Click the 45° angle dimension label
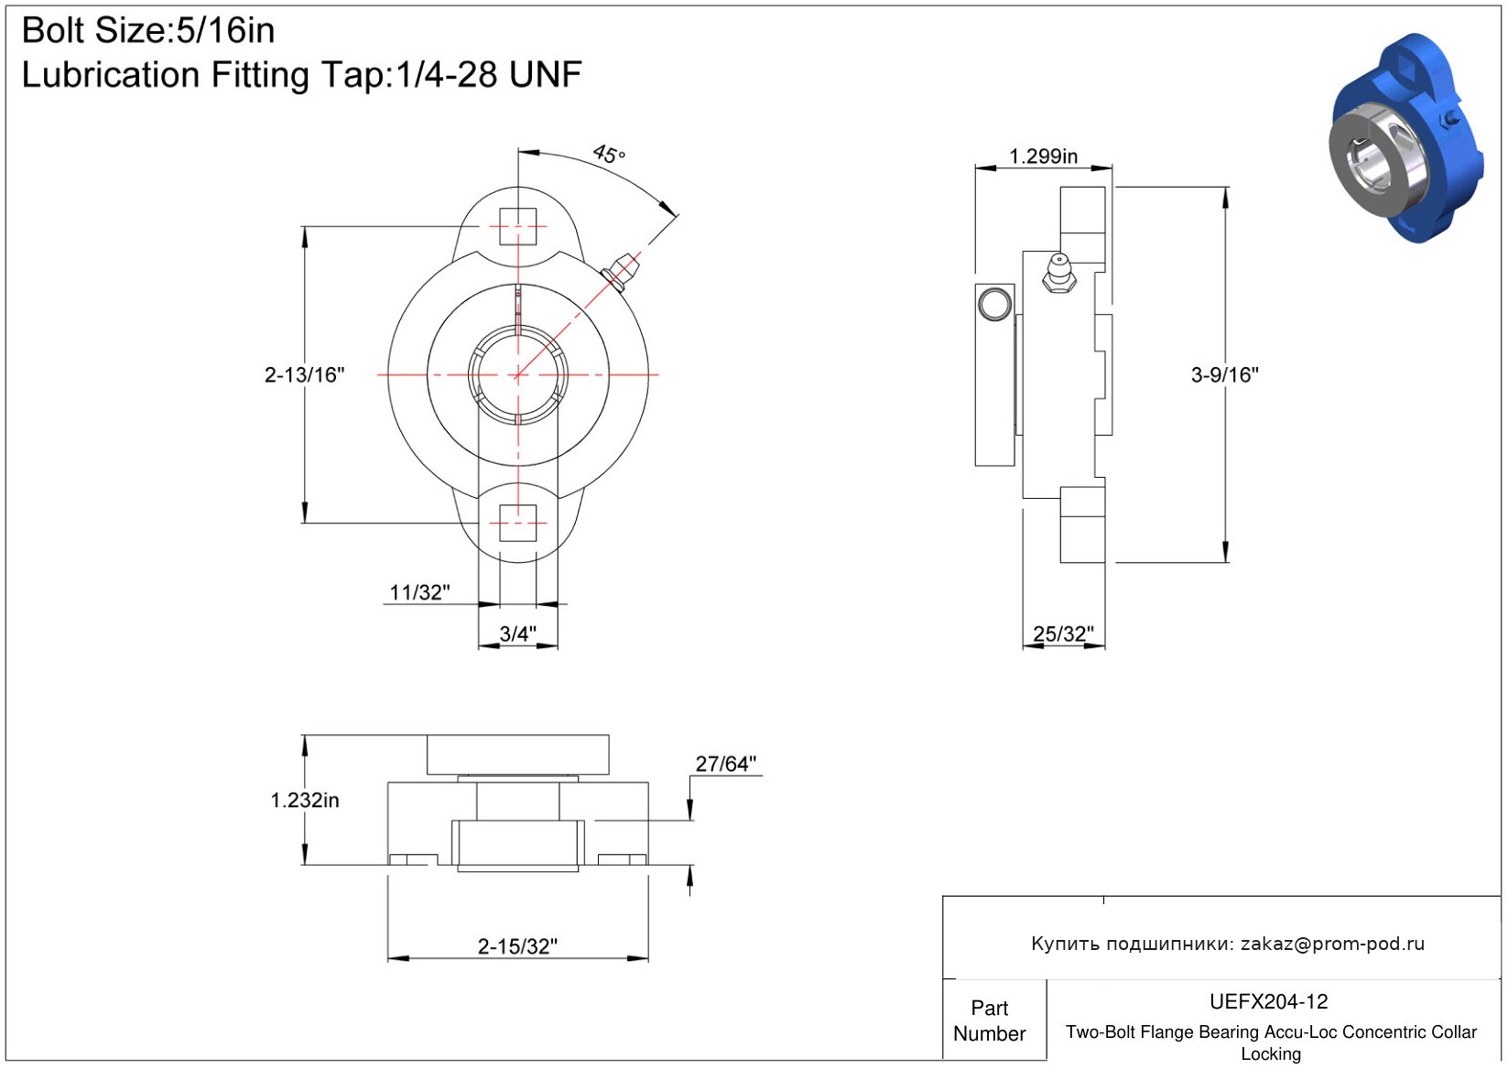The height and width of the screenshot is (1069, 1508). [x=609, y=154]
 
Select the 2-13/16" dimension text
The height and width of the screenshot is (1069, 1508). [x=304, y=374]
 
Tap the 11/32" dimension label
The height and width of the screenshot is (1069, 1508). [x=419, y=593]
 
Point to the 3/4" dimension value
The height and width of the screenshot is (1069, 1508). [x=517, y=633]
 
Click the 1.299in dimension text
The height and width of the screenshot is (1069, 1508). [x=1043, y=157]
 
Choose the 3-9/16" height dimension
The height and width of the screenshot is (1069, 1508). [x=1224, y=374]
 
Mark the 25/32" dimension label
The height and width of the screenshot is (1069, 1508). [x=1064, y=633]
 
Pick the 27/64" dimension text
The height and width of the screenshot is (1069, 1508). [x=726, y=764]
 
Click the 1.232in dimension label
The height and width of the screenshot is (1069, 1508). [x=304, y=801]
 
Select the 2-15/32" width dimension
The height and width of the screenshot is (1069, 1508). [x=517, y=946]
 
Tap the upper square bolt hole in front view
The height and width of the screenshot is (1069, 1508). [x=517, y=226]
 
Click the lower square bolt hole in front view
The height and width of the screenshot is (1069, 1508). [x=517, y=523]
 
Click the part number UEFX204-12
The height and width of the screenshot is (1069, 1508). [x=1268, y=1001]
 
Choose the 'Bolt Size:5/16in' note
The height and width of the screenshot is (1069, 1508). [x=148, y=31]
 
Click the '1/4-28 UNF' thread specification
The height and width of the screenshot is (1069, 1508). [x=489, y=75]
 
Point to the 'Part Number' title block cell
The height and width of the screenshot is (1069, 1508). [x=989, y=1020]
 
